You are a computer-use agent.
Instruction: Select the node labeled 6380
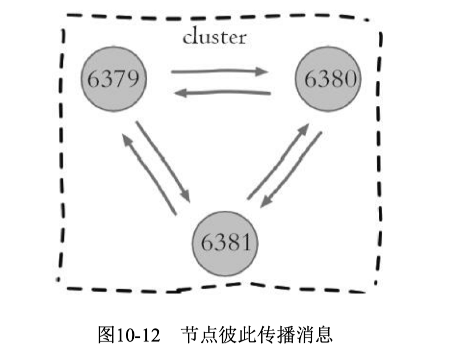coord(328,78)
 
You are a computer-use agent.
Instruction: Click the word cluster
coord(214,38)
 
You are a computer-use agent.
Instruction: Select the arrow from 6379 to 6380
coord(219,72)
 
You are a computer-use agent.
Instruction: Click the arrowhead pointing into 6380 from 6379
coord(262,72)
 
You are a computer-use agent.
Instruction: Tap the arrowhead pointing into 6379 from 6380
coord(179,93)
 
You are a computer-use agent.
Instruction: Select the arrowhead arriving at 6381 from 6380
coord(263,204)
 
